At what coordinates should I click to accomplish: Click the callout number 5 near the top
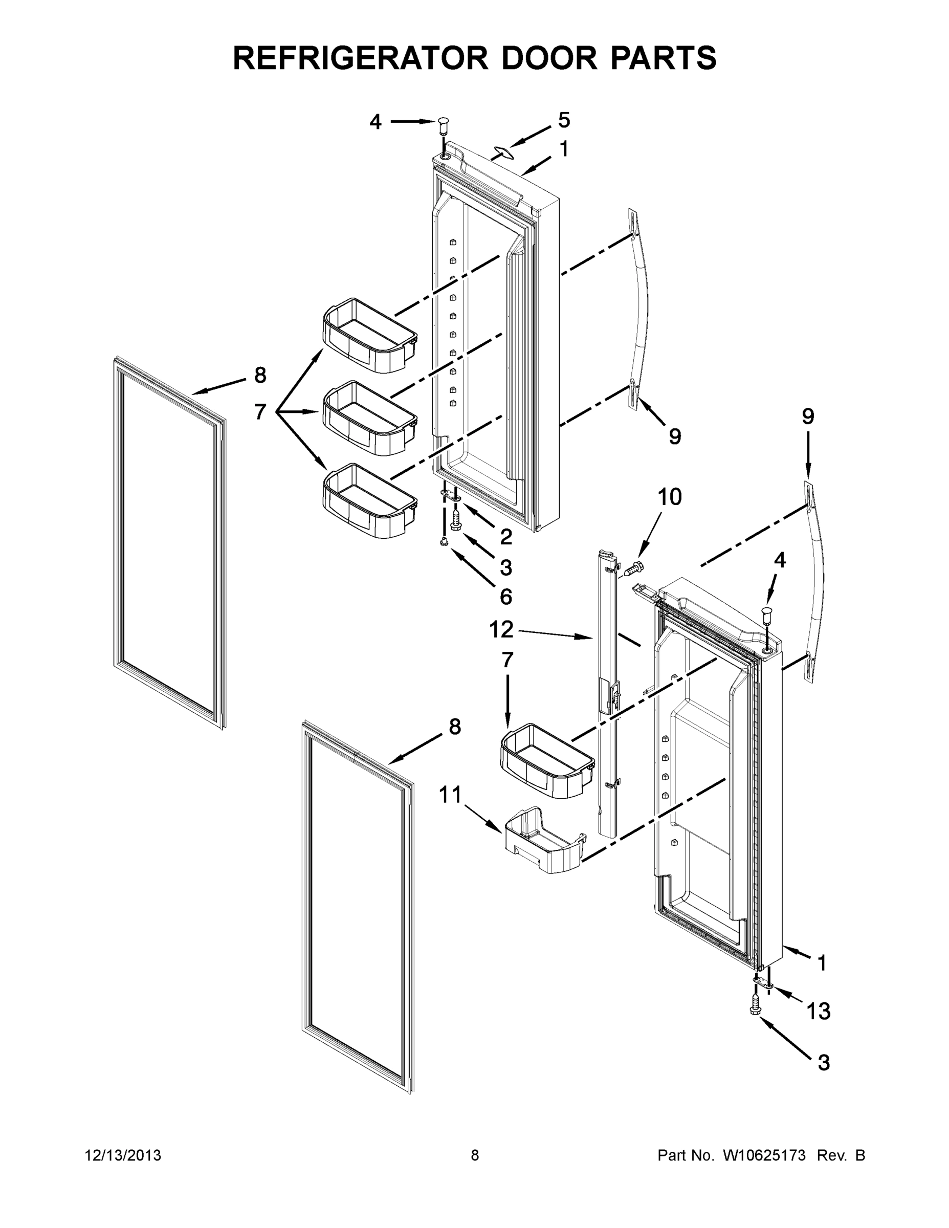[x=564, y=120]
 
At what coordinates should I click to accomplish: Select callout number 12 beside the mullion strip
[x=501, y=629]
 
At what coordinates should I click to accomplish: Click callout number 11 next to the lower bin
[x=450, y=795]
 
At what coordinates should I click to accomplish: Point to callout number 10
[x=670, y=496]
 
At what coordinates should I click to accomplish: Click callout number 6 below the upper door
[x=506, y=597]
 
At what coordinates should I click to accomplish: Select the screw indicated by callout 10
[x=632, y=569]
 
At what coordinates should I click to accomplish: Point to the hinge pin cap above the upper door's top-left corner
[x=443, y=125]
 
